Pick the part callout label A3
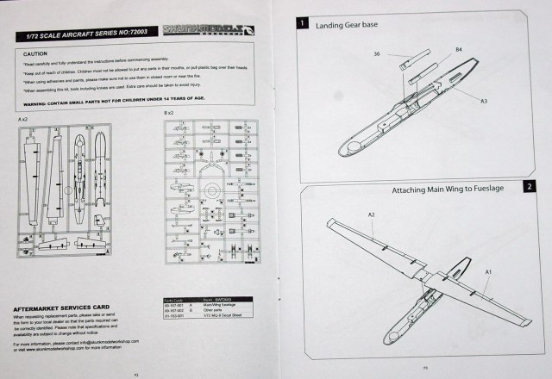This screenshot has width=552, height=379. pyautogui.click(x=484, y=101)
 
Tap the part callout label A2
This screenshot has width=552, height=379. pyautogui.click(x=372, y=213)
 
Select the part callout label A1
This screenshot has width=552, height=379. pyautogui.click(x=487, y=271)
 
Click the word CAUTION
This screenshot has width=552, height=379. pyautogui.click(x=34, y=54)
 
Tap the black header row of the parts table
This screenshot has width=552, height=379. pyautogui.click(x=200, y=298)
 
